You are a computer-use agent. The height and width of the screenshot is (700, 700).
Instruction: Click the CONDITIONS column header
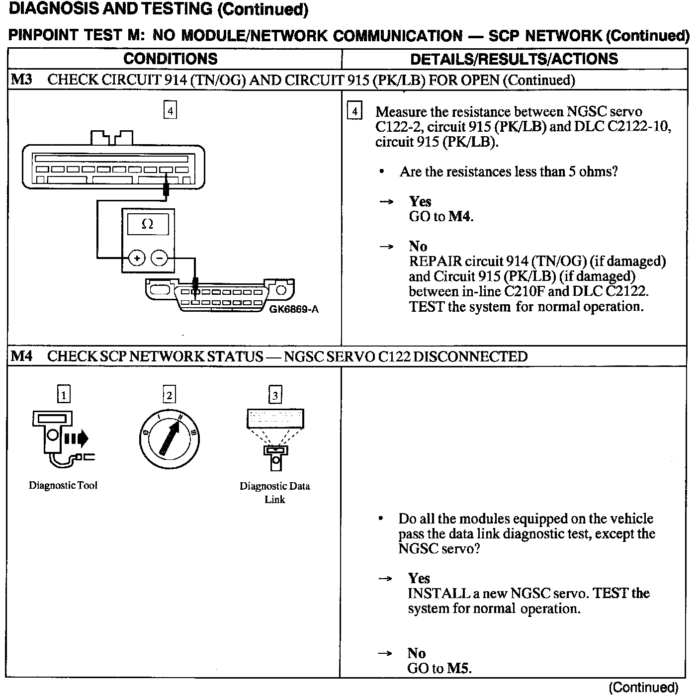170,59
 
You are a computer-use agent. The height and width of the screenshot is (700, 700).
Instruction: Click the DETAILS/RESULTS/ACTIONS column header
514,59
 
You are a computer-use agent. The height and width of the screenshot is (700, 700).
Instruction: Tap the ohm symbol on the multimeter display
148,224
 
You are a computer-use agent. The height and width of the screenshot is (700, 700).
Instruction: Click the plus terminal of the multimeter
137,258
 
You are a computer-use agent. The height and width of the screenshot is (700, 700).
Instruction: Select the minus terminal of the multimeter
159,258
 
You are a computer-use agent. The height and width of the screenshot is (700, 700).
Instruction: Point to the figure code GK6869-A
294,309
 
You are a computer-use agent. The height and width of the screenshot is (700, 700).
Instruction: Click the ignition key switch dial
169,439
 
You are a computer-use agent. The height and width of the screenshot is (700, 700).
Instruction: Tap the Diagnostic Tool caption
63,485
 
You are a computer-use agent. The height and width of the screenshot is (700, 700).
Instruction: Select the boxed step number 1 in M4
64,395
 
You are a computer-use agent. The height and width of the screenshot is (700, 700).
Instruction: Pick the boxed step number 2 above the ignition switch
169,395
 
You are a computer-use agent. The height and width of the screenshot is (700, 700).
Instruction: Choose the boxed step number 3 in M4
275,395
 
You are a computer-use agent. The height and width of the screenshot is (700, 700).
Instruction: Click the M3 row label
21,80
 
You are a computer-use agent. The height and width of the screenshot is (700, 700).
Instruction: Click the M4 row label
21,356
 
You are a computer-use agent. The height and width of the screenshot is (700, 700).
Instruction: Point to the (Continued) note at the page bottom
643,688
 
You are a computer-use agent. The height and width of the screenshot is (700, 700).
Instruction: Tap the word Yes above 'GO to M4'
420,201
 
